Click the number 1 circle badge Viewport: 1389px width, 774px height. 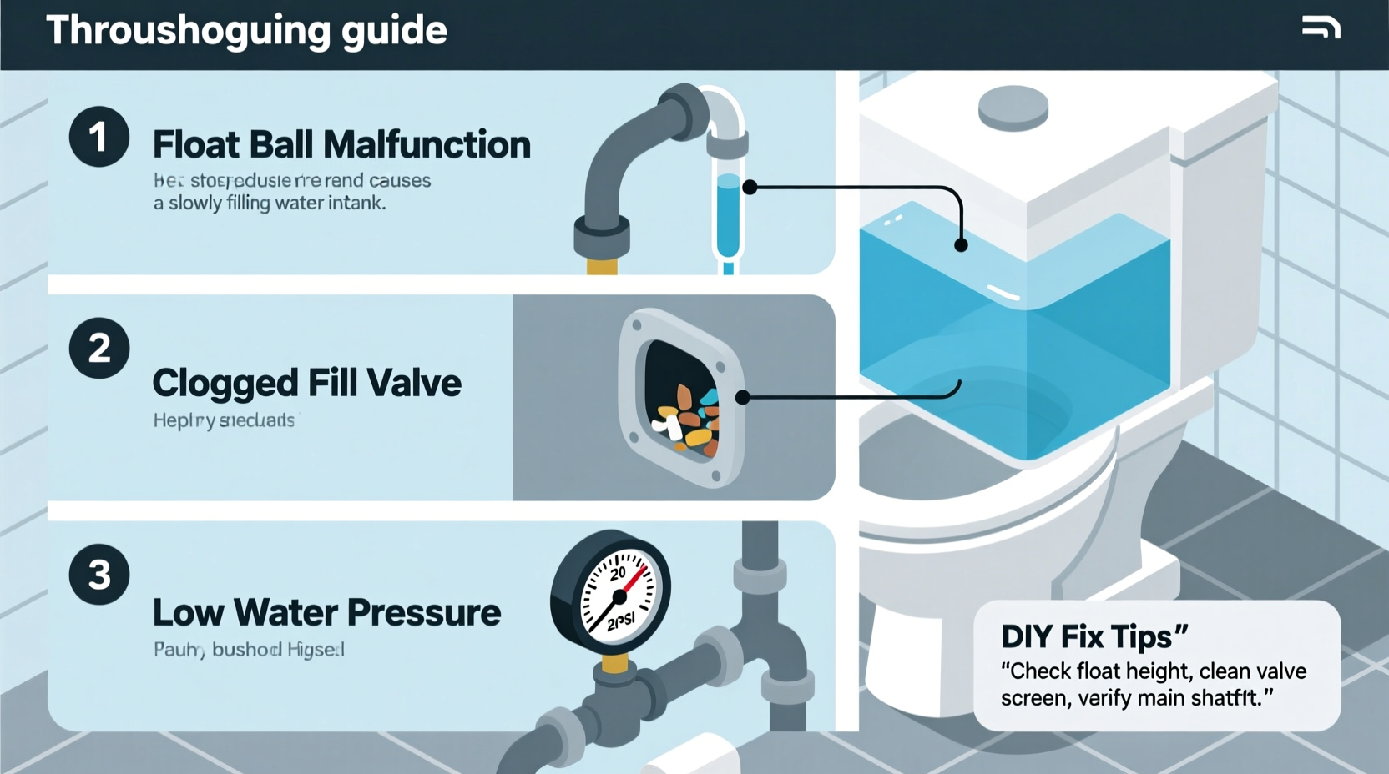coord(99,137)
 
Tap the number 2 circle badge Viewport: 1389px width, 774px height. coord(99,348)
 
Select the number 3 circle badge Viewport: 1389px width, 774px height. coord(99,575)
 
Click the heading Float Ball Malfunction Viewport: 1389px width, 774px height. coord(341,145)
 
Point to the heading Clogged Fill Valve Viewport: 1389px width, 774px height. coord(306,384)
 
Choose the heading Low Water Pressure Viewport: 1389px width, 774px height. coord(326,613)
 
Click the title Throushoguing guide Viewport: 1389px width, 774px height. coord(246,31)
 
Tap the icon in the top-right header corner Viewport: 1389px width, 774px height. coord(1321,28)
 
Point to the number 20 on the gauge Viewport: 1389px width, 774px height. coord(618,574)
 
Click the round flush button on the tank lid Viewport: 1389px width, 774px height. coord(1013,108)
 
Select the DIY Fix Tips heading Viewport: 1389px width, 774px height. coord(1094,637)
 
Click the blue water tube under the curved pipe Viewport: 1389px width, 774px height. coord(728,217)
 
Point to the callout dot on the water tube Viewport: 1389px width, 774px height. coord(750,188)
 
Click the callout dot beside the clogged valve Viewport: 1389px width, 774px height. coord(742,398)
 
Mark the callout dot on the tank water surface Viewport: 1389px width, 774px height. coord(961,245)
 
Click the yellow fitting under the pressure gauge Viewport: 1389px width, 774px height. coord(614,664)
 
